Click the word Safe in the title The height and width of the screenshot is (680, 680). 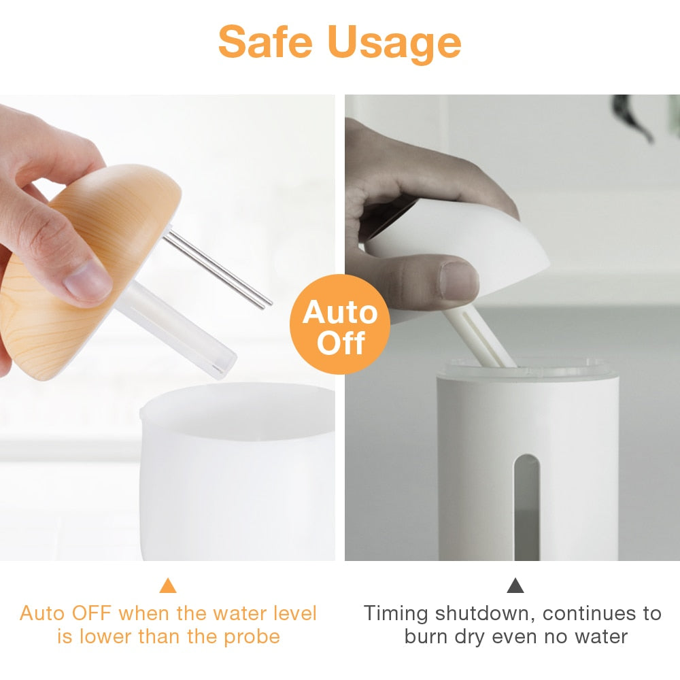click(x=265, y=41)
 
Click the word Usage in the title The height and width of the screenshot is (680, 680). click(x=394, y=44)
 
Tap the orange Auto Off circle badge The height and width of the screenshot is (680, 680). click(x=339, y=324)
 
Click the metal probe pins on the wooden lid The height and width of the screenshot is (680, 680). click(x=217, y=269)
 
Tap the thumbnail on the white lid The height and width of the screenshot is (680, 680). click(x=460, y=279)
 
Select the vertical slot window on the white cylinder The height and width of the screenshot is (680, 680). click(x=526, y=507)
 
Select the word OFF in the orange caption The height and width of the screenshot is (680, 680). click(x=91, y=613)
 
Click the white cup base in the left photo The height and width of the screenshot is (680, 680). click(x=237, y=472)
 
